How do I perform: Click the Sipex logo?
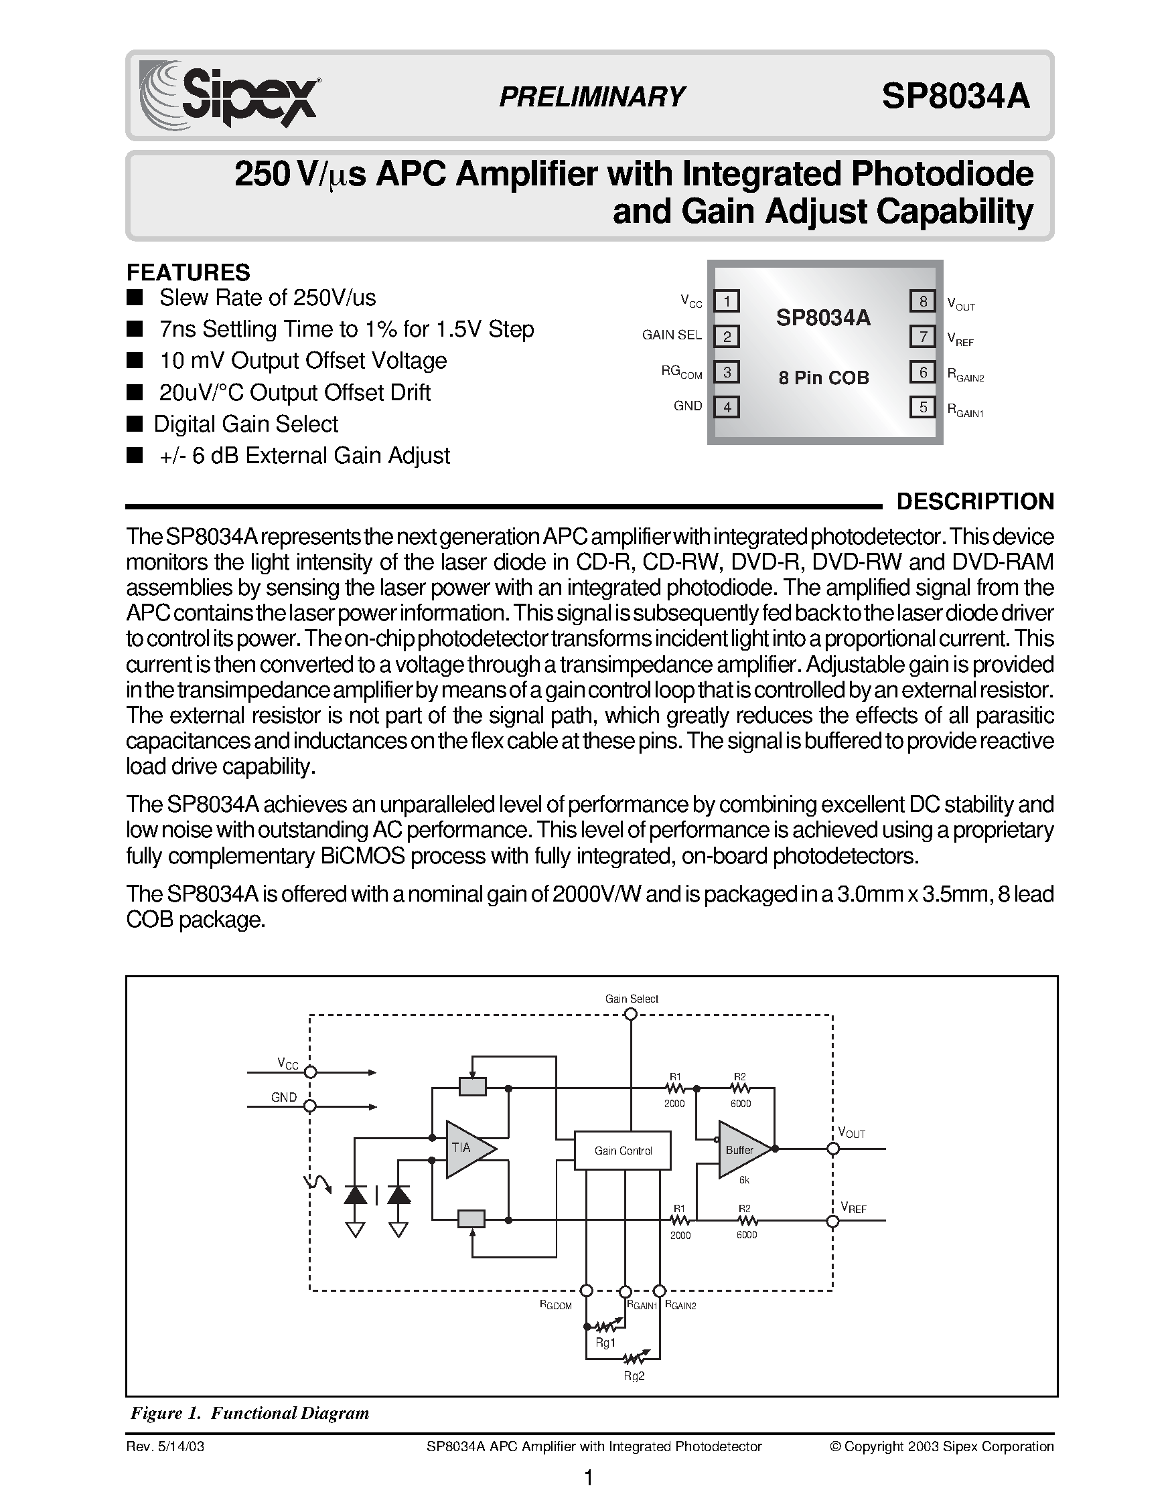pos(228,94)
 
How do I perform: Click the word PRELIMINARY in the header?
pos(592,96)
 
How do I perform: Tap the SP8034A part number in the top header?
pos(956,96)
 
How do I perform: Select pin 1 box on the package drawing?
pos(727,301)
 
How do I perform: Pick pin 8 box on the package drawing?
pos(922,301)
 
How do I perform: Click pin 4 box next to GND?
pos(727,407)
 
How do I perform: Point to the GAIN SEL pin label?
pos(671,335)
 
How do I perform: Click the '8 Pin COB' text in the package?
pos(824,378)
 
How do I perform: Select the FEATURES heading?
pos(188,272)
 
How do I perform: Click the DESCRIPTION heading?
pos(974,501)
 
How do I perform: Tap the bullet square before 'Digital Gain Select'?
pos(135,424)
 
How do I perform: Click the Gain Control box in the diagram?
pos(623,1150)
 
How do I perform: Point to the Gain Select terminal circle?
pos(630,1014)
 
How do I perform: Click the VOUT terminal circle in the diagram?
pos(833,1149)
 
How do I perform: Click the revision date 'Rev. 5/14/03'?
pos(165,1446)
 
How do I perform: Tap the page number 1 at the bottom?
pos(588,1479)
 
